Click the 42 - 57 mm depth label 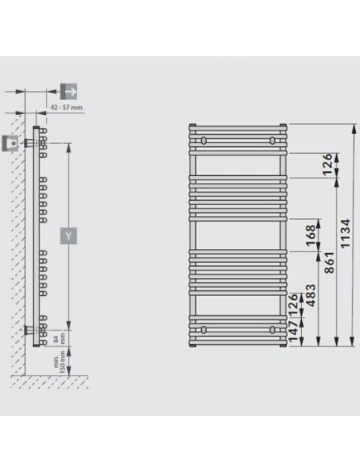pyautogui.click(x=66, y=107)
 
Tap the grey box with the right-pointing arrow pyautogui.click(x=69, y=92)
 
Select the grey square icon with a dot pyautogui.click(x=10, y=143)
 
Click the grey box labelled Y pyautogui.click(x=69, y=236)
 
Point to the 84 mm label pyautogui.click(x=59, y=338)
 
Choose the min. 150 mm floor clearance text pyautogui.click(x=60, y=362)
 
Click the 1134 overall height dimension pyautogui.click(x=345, y=233)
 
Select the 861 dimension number pyautogui.click(x=329, y=262)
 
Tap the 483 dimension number pyautogui.click(x=310, y=295)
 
